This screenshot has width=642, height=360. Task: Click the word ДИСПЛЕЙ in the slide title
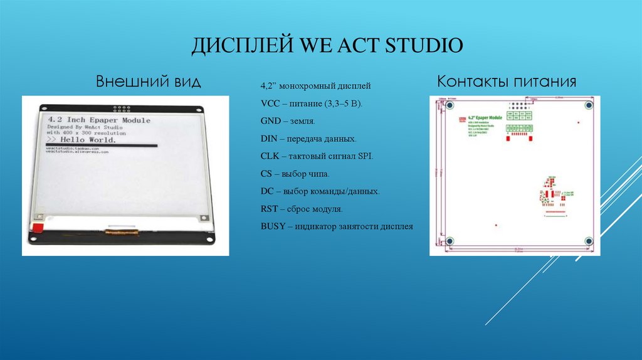coord(234,46)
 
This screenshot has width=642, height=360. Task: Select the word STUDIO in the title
coord(424,46)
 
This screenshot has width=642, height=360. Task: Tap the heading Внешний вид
coord(148,82)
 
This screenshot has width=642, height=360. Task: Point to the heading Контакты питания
coord(507,82)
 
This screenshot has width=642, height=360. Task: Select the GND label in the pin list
coord(271,120)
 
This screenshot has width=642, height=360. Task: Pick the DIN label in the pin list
coord(270,139)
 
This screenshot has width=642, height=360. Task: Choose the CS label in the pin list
coord(266,174)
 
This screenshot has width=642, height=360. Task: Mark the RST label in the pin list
coord(269,209)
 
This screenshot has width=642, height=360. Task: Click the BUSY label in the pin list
coord(273,226)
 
